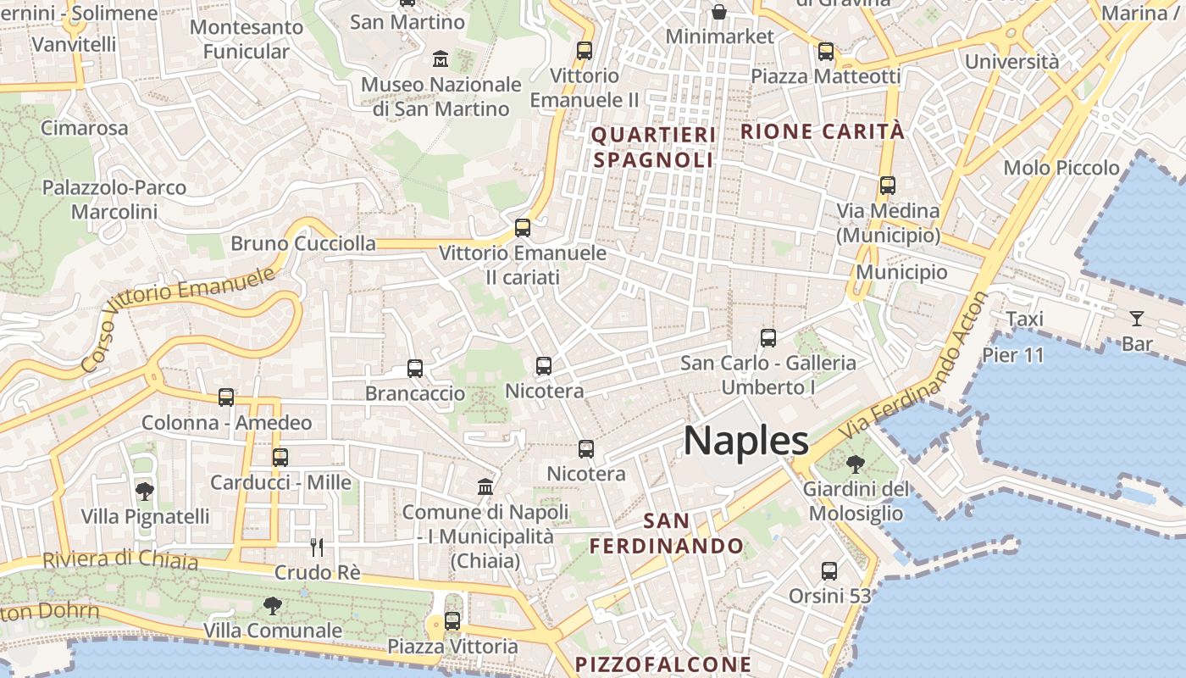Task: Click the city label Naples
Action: point(745,441)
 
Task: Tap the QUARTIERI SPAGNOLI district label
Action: point(653,147)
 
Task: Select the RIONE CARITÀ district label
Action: point(823,131)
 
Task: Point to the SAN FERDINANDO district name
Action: point(667,533)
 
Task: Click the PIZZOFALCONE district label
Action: point(663,664)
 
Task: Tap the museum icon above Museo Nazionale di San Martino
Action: point(441,59)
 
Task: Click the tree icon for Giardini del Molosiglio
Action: point(856,464)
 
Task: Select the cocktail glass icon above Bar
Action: point(1136,319)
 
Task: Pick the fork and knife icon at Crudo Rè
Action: point(317,547)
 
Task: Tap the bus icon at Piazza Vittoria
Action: point(452,620)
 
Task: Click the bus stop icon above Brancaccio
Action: point(415,369)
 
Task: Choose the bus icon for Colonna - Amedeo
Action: point(226,397)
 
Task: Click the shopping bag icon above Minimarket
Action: point(719,11)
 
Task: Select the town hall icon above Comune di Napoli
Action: point(485,486)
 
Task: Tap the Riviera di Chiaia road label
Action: point(120,559)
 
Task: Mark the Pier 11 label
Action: point(1013,355)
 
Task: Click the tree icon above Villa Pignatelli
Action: point(145,491)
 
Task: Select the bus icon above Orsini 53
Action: point(829,570)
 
